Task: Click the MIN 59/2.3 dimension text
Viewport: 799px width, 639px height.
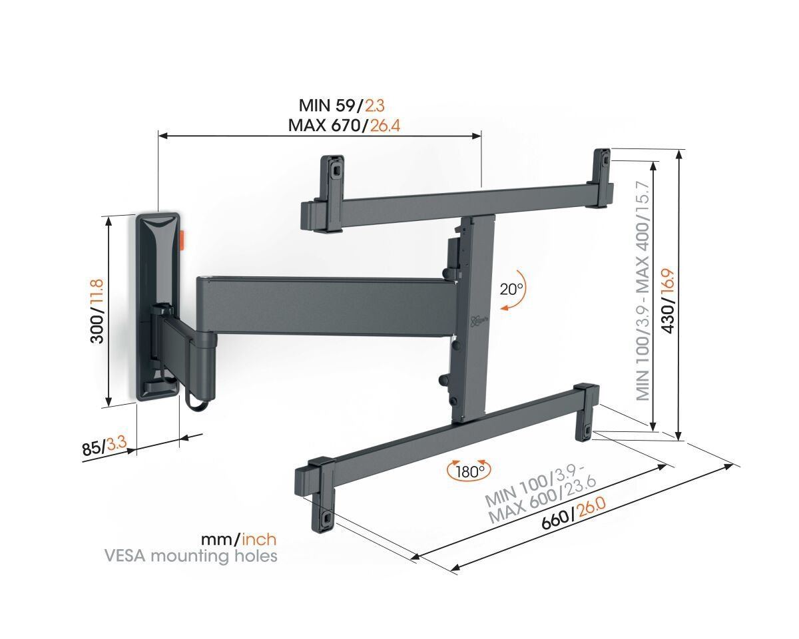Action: click(342, 105)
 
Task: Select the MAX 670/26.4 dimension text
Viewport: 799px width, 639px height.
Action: click(344, 124)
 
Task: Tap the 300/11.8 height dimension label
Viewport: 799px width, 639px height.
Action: click(97, 311)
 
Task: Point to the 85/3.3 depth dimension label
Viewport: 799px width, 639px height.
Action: click(104, 447)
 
